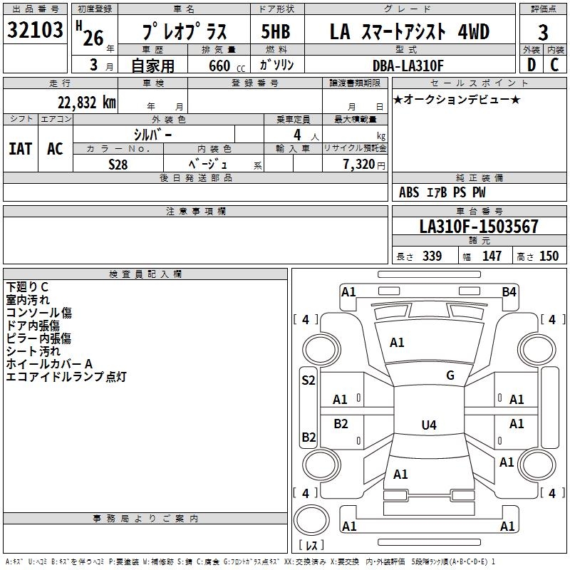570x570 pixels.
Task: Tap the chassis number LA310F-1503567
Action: [479, 227]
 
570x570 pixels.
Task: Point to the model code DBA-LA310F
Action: [408, 66]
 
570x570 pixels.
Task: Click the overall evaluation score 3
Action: [543, 33]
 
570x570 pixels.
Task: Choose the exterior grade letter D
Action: [531, 66]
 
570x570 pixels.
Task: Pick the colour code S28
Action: [118, 164]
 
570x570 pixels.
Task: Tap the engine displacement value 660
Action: [219, 66]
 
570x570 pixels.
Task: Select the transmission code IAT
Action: [20, 149]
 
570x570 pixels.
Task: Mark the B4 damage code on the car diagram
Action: [509, 291]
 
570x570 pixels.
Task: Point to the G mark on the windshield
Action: [450, 375]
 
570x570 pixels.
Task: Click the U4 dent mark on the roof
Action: [428, 425]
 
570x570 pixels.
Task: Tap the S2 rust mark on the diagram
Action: [309, 380]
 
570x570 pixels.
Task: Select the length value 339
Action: [432, 256]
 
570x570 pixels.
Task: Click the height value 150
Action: [549, 256]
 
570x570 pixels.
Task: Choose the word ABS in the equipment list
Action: [409, 192]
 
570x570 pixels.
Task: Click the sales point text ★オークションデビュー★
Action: [456, 100]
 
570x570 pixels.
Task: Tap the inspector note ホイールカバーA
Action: [50, 363]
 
